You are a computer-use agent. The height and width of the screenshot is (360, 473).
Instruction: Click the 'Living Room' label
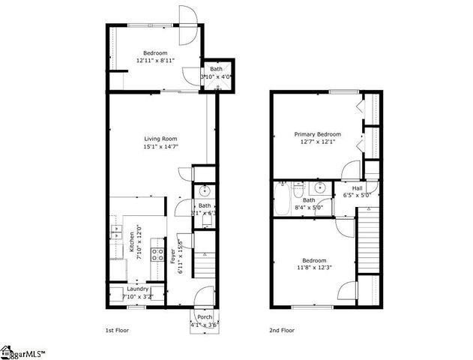(x=160, y=139)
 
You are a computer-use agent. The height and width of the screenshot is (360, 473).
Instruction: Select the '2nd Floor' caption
(x=282, y=329)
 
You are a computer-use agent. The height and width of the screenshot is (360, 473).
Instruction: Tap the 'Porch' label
(x=204, y=316)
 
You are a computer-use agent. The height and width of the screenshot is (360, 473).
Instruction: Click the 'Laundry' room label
(x=137, y=289)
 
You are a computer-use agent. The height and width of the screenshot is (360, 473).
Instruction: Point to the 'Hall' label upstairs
(x=358, y=188)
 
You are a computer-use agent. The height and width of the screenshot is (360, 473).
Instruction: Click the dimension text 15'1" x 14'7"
(x=160, y=147)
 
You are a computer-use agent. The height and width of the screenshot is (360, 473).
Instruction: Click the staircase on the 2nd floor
(x=368, y=240)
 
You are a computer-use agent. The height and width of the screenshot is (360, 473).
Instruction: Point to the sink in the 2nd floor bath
(x=319, y=187)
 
